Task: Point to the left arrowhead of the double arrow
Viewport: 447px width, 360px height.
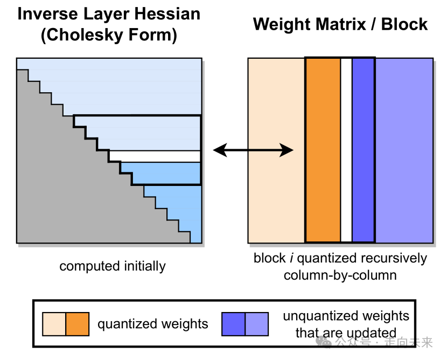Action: (220, 150)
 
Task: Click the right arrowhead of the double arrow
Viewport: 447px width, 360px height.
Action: (286, 150)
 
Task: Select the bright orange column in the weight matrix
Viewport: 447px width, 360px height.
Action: (323, 150)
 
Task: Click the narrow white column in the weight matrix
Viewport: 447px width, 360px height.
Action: (346, 150)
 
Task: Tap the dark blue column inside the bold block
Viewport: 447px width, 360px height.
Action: (363, 150)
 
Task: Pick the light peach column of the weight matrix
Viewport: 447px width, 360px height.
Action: (276, 150)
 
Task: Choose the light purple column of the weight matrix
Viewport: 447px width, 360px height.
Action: (404, 150)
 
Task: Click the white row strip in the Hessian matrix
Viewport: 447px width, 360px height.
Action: (155, 156)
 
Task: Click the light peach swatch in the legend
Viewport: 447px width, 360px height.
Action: (54, 324)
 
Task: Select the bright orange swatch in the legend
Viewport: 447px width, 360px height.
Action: (77, 324)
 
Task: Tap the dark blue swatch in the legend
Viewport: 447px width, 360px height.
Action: (234, 324)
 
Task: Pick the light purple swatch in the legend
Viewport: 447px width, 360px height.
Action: (256, 324)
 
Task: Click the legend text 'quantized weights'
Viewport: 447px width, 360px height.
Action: (153, 324)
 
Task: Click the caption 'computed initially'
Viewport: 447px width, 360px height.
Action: (113, 266)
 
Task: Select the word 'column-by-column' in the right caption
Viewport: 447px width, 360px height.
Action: (340, 275)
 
